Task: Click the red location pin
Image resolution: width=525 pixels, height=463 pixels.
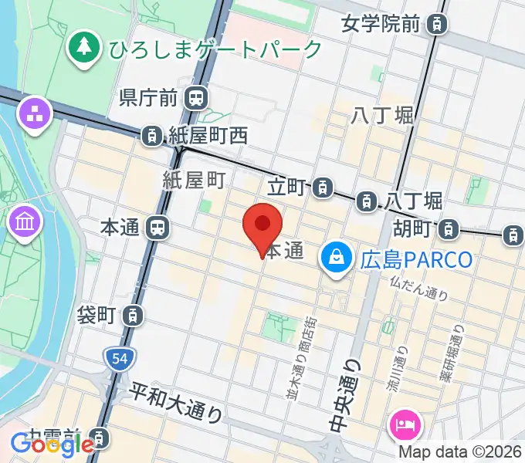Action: pyautogui.click(x=262, y=226)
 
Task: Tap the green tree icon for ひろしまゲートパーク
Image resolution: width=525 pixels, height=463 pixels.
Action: pyautogui.click(x=82, y=47)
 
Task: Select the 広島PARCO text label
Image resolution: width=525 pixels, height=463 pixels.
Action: pyautogui.click(x=416, y=259)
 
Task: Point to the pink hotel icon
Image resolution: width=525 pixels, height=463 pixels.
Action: pyautogui.click(x=405, y=423)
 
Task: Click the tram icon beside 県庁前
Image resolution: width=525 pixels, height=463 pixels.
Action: pyautogui.click(x=198, y=97)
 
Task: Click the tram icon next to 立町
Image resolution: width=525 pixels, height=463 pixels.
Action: pyautogui.click(x=324, y=186)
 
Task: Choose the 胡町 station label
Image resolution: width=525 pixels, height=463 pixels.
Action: pyautogui.click(x=410, y=228)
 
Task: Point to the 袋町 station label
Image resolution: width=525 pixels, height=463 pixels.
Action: pyautogui.click(x=97, y=315)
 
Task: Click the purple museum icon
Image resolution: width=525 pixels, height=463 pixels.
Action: pyautogui.click(x=24, y=223)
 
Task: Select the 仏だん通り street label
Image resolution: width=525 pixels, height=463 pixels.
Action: pyautogui.click(x=419, y=291)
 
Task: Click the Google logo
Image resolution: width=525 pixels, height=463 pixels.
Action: pyautogui.click(x=52, y=444)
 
